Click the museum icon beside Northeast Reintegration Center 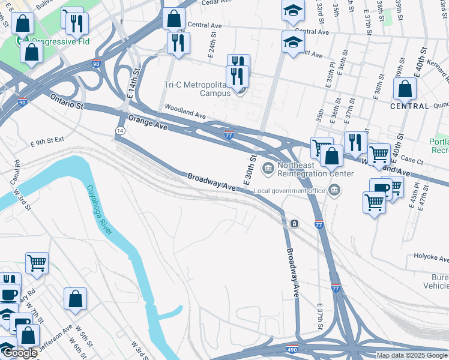tap(268, 167)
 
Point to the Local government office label tap(290, 191)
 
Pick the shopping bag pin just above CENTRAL tap(405, 89)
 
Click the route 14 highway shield tap(121, 130)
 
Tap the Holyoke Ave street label tap(431, 257)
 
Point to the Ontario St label tap(67, 101)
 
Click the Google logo tap(20, 353)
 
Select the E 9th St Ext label tap(47, 143)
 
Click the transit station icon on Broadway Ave tap(295, 224)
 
